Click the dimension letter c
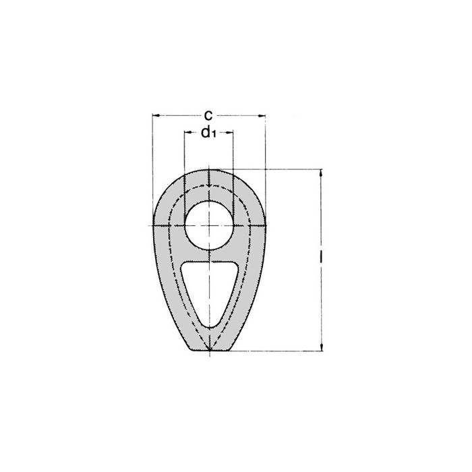[x=209, y=114]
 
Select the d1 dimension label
[x=208, y=132]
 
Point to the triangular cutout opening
[x=210, y=290]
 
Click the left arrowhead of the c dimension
[x=155, y=115]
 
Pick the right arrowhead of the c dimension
[x=263, y=115]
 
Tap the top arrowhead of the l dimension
[x=320, y=173]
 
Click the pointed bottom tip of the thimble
[x=210, y=351]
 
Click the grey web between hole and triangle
[x=210, y=254]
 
